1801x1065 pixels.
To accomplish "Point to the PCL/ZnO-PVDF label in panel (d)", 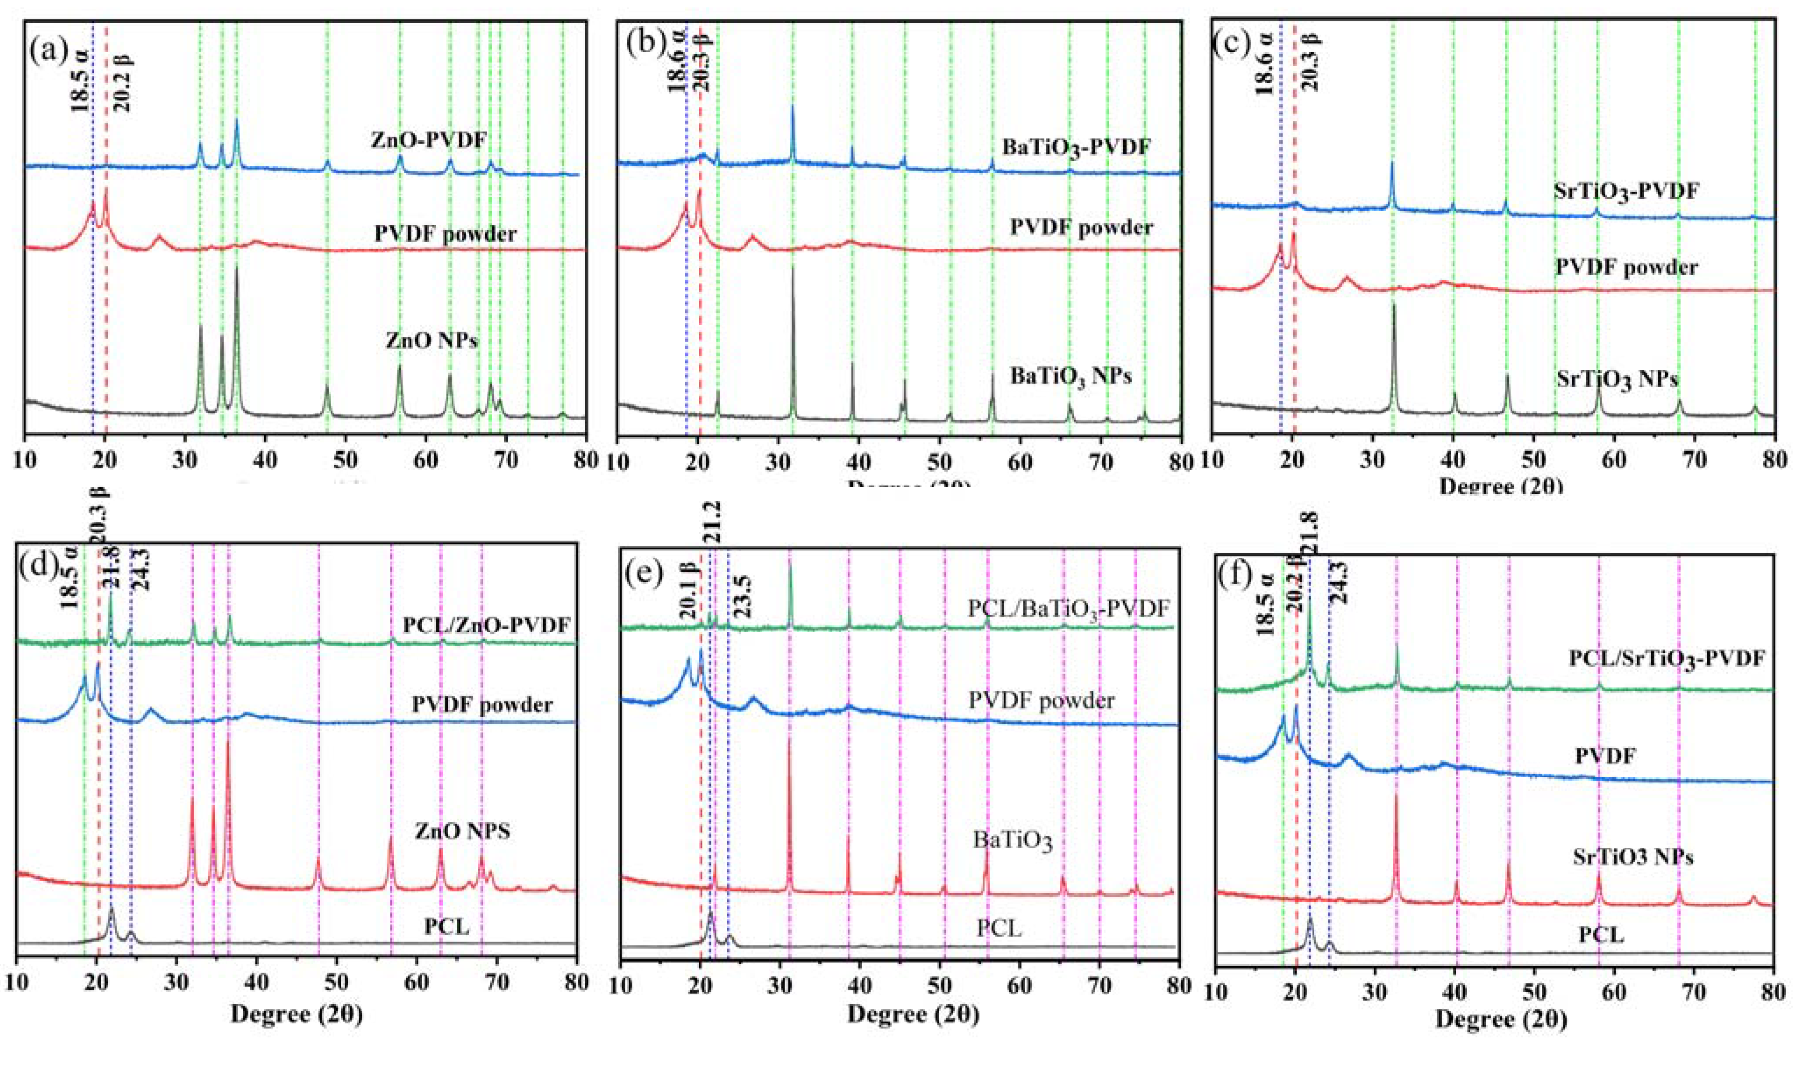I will pyautogui.click(x=486, y=626).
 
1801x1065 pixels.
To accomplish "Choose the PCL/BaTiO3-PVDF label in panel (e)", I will pyautogui.click(x=1069, y=609).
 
